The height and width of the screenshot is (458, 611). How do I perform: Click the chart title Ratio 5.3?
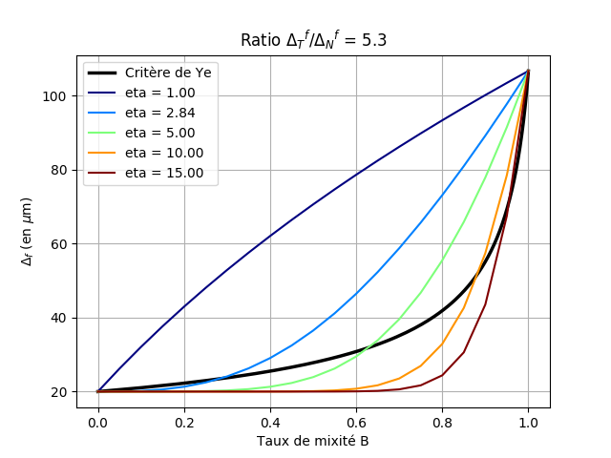[x=313, y=39]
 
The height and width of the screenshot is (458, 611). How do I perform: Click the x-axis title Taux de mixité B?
[x=313, y=442]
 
